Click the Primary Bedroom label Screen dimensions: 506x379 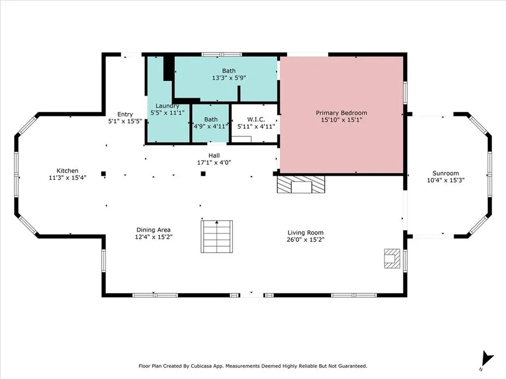(341, 113)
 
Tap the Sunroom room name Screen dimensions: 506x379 (445, 173)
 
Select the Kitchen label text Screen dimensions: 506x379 (67, 171)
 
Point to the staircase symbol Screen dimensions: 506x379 (217, 236)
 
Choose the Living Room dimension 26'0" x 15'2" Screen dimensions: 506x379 (305, 239)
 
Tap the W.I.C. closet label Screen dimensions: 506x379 (256, 119)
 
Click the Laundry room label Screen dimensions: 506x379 (168, 106)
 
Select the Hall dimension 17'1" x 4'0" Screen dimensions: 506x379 (214, 162)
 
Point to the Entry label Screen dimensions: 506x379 (125, 114)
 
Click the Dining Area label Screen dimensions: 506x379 (153, 230)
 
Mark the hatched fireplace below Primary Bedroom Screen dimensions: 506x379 (301, 185)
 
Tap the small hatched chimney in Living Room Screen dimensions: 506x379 (392, 258)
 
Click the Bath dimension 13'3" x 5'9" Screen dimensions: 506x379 (229, 77)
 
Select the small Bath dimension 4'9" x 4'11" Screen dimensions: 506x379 (211, 126)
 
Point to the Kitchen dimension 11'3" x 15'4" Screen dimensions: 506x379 (67, 178)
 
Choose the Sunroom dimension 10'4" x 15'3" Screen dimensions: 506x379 (445, 180)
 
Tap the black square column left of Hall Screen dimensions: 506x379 (103, 174)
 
